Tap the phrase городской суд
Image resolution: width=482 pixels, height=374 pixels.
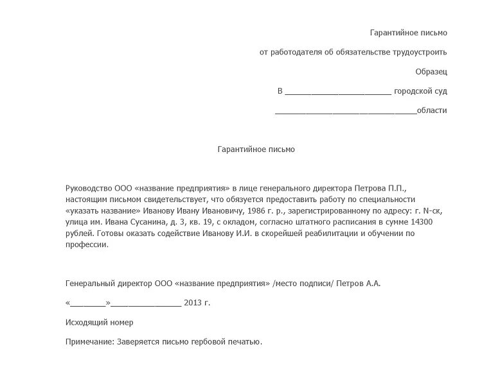click(420, 91)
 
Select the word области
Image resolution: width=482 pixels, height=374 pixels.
click(432, 110)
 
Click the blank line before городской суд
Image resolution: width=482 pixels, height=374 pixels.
click(337, 92)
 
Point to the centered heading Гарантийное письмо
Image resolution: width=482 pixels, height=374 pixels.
click(255, 149)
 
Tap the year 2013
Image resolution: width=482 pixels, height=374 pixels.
click(193, 302)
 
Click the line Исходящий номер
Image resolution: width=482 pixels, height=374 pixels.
click(100, 322)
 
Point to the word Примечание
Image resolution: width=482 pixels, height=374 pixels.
click(90, 342)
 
